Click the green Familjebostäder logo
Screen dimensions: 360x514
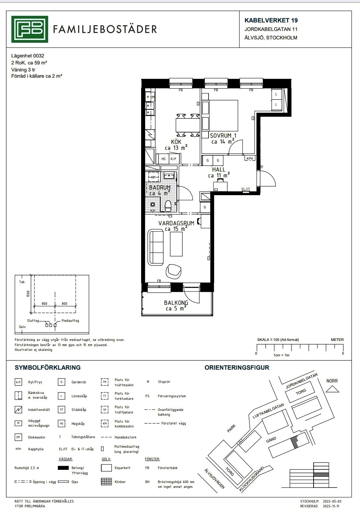pos(29,29)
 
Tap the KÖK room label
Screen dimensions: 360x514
pos(176,142)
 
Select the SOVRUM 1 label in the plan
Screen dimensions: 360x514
pos(223,135)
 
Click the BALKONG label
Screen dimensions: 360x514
pos(176,303)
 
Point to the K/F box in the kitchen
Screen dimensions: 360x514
pos(174,159)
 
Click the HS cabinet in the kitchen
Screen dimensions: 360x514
pos(164,159)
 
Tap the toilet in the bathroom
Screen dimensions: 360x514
pos(168,206)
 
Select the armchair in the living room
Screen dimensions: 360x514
pos(173,271)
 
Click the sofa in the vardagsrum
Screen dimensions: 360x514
pos(156,247)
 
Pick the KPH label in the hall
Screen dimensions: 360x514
pos(249,159)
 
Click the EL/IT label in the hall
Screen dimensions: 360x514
pos(246,189)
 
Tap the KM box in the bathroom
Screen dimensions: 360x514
pos(153,177)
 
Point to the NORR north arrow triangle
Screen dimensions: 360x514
pos(332,389)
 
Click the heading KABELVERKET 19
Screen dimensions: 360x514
pos(271,20)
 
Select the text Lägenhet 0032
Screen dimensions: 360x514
pos(28,56)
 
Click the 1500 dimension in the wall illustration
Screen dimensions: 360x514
pos(28,294)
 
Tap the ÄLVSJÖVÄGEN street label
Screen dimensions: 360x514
pos(214,478)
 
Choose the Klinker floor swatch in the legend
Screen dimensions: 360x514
pos(106,482)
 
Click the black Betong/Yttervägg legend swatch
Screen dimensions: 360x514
pos(63,468)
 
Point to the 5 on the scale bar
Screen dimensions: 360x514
pos(343,353)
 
